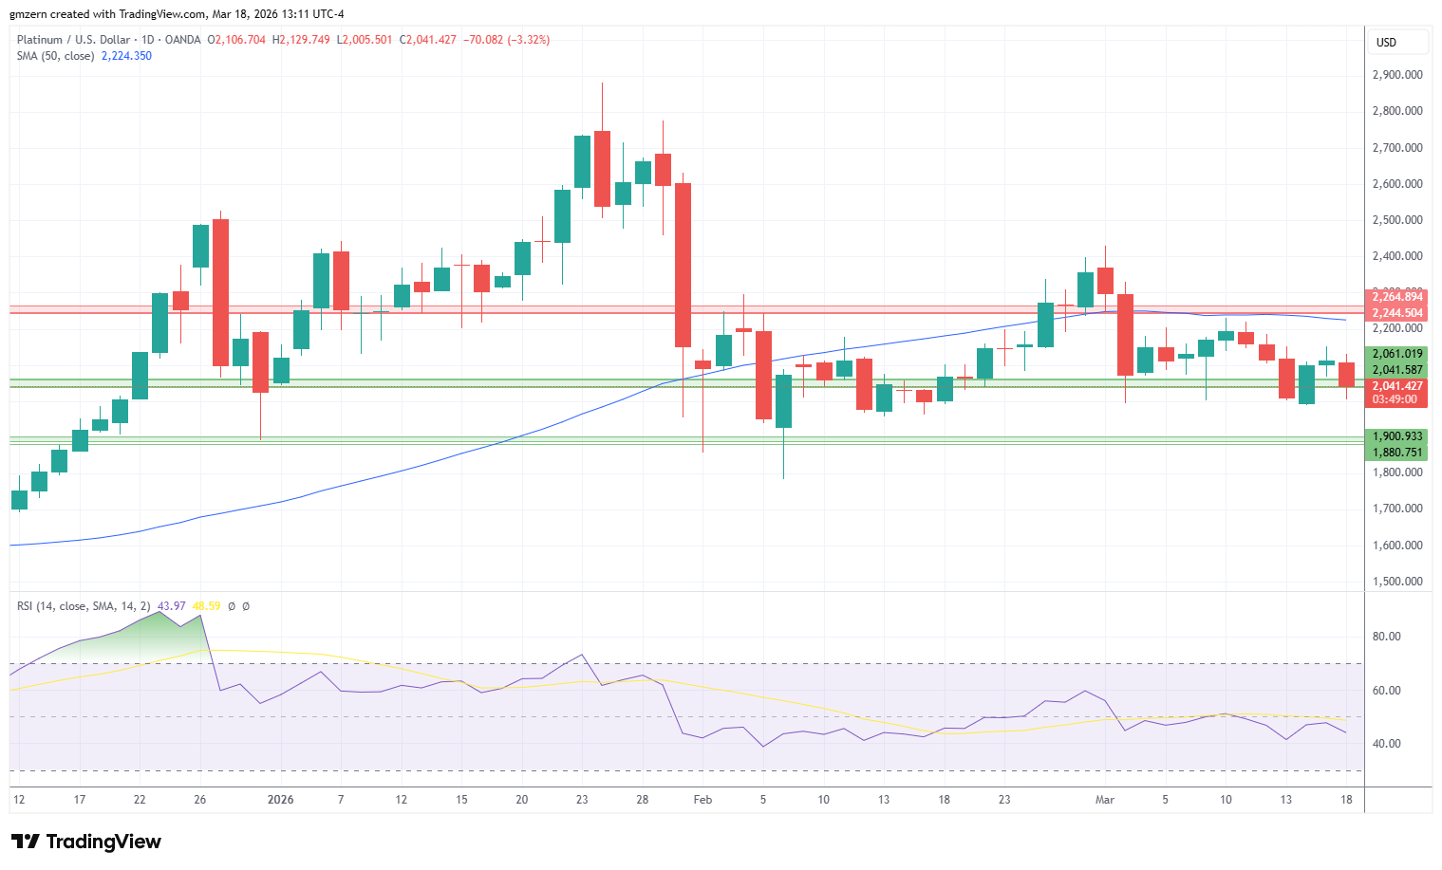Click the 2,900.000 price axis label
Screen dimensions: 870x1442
[1397, 75]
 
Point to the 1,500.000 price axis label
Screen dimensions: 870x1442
[1397, 582]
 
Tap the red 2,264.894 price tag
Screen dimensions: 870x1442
[1397, 297]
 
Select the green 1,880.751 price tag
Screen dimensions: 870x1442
[1397, 453]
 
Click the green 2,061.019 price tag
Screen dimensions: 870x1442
[1397, 354]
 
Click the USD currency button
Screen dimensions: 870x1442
[1387, 42]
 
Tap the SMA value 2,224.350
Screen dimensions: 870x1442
[126, 56]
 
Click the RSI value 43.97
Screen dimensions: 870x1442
[172, 606]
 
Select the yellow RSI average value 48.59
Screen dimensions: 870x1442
[206, 606]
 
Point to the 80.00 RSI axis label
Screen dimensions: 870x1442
[1387, 637]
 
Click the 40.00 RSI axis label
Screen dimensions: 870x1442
[1387, 744]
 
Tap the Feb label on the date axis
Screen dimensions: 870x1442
[702, 800]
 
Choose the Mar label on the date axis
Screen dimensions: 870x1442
[1105, 800]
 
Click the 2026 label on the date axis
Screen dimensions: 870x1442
[281, 800]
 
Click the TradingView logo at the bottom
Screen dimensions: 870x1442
[86, 842]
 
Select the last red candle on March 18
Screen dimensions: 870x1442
[1346, 374]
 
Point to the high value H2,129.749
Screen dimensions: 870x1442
[301, 40]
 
